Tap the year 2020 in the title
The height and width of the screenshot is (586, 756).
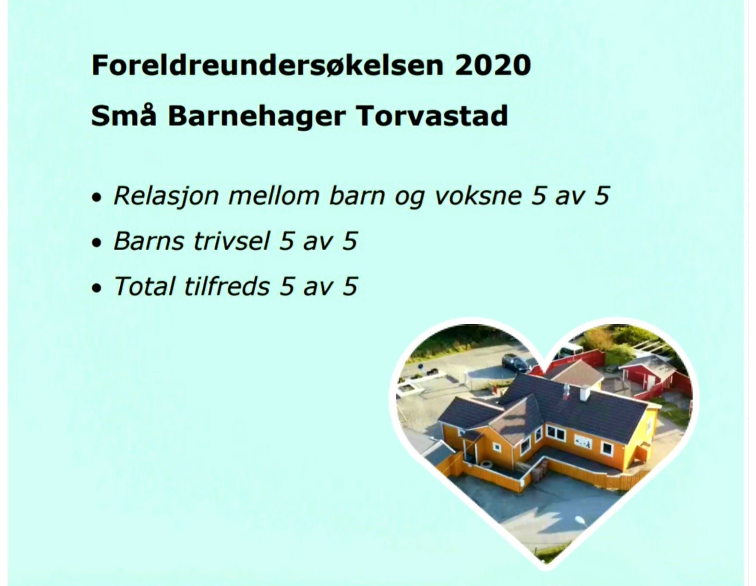click(x=493, y=65)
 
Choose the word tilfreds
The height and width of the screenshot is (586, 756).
click(x=227, y=286)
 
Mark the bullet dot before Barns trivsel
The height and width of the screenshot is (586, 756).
click(x=96, y=243)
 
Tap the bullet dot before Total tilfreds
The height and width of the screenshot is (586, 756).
click(x=96, y=288)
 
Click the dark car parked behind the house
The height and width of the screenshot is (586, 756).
click(x=516, y=362)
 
